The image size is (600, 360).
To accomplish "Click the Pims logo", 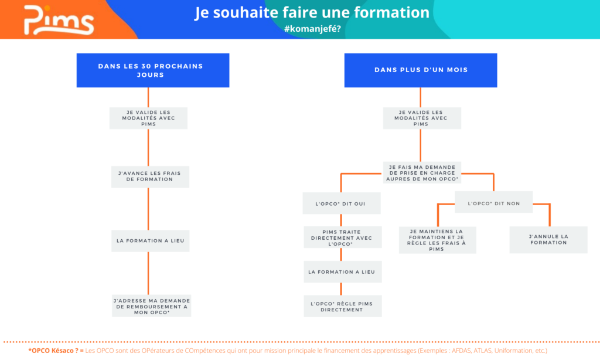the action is (x=59, y=21).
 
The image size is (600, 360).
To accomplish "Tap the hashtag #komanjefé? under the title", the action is (x=312, y=29).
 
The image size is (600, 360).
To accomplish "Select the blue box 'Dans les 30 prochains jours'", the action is (x=153, y=70).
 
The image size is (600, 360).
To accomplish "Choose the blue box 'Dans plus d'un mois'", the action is (x=421, y=70).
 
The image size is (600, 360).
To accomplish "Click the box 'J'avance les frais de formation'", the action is (x=150, y=176).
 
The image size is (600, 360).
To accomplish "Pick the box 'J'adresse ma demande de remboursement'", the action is (x=152, y=306).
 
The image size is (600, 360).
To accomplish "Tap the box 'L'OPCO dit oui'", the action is (x=342, y=203).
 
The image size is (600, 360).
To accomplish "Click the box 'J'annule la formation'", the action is (x=548, y=240).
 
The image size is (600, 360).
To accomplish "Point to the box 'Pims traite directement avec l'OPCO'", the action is (x=342, y=237).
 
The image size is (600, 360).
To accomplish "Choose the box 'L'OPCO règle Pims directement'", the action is (x=342, y=306).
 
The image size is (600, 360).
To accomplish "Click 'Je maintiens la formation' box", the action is (x=437, y=240).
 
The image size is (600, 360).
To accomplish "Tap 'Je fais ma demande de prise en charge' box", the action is (x=422, y=173).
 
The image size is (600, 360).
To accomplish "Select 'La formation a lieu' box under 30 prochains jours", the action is (x=150, y=241).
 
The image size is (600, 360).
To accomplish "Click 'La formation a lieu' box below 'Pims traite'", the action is (x=342, y=272).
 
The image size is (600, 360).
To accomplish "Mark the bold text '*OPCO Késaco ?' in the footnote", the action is (x=53, y=351).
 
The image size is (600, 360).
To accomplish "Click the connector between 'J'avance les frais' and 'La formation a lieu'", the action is (x=148, y=209).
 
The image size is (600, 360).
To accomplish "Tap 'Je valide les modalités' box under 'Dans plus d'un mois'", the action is (x=422, y=118).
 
